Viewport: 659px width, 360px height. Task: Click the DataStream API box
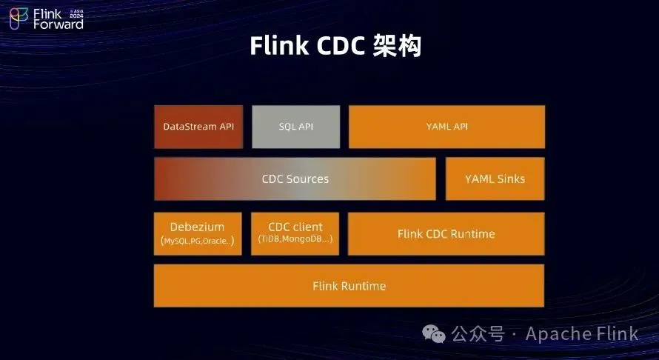[x=198, y=127]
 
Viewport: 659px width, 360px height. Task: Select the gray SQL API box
[x=295, y=127]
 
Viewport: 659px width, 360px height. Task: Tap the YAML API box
[x=446, y=127]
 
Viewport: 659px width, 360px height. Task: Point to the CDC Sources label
[x=295, y=179]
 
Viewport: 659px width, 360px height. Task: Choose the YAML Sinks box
[x=495, y=179]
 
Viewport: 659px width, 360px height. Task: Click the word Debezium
[x=197, y=227]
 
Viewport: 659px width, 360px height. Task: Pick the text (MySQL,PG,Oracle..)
[x=197, y=241]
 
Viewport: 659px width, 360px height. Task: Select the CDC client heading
[x=295, y=226]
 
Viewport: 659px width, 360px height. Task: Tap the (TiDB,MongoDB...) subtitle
[x=295, y=240]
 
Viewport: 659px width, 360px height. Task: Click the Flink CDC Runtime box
[x=446, y=234]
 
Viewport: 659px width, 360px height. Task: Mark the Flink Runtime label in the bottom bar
[x=349, y=286]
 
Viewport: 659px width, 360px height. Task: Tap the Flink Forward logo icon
[x=19, y=19]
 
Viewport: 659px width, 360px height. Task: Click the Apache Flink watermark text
[x=582, y=334]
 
